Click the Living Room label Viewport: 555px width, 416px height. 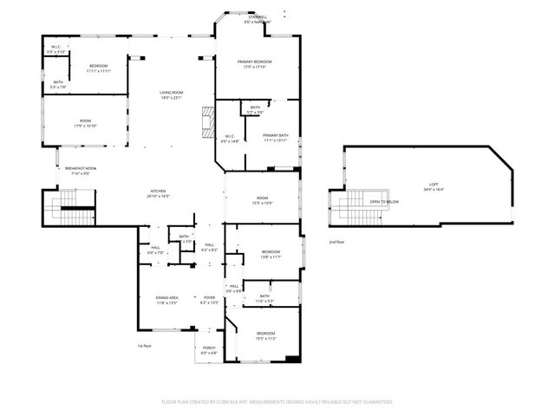(170, 93)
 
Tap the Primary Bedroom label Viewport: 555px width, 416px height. (256, 62)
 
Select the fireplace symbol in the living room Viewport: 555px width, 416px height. (206, 122)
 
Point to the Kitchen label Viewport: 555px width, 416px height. (158, 192)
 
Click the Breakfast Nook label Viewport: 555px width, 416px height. (80, 169)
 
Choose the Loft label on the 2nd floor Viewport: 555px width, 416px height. (434, 185)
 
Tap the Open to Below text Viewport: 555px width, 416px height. (384, 201)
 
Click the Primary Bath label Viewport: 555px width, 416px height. (276, 136)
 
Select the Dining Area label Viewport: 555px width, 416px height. (166, 297)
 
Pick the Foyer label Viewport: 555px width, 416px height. (210, 297)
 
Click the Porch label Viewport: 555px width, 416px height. (210, 349)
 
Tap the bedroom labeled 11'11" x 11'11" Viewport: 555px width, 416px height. (98, 67)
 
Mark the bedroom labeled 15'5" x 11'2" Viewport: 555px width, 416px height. (265, 334)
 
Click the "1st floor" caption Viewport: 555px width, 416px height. (145, 346)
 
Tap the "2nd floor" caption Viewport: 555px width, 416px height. (336, 242)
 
